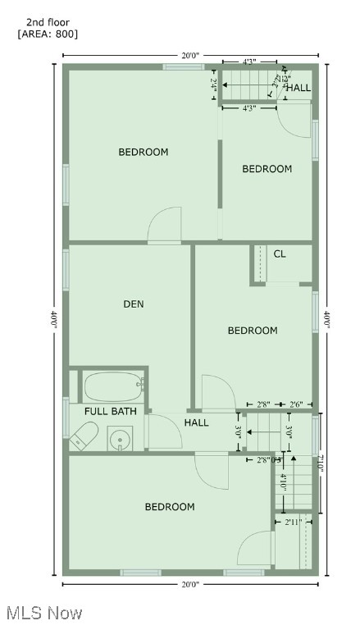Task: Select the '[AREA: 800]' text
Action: click(x=48, y=34)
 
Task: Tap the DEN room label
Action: click(x=134, y=304)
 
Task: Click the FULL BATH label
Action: click(x=110, y=410)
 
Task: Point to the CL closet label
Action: click(x=280, y=254)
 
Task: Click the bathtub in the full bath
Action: click(x=114, y=386)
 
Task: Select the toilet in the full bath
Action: click(x=83, y=436)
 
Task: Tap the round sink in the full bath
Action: click(x=121, y=438)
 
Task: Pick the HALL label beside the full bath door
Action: click(x=196, y=423)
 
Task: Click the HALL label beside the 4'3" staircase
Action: click(x=298, y=88)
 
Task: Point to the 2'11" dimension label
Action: click(x=293, y=522)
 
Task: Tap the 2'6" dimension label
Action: click(x=301, y=404)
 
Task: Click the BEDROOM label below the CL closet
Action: click(x=252, y=331)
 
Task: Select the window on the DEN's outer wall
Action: click(x=66, y=268)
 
